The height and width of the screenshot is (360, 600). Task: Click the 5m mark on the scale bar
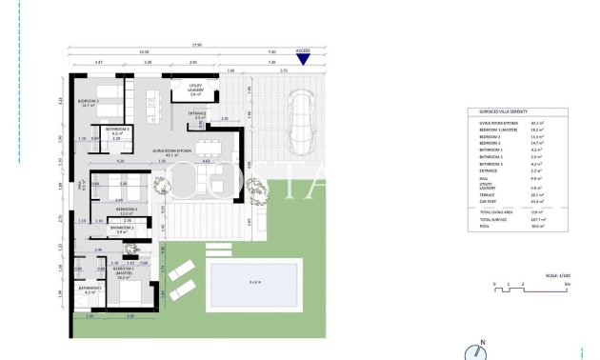pyautogui.click(x=568, y=284)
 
